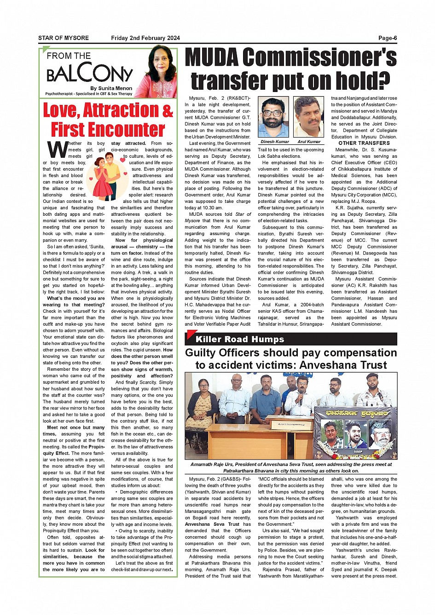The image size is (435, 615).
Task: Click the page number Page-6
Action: pos(387,38)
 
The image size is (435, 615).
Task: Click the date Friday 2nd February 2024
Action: pos(145,38)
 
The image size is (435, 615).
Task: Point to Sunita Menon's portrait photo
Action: pos(161,72)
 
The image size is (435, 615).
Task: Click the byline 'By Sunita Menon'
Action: pos(111,88)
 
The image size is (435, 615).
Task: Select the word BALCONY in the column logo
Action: pos(89,73)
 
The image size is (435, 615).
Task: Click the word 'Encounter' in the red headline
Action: pos(108,130)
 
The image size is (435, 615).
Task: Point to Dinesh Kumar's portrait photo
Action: pos(273,117)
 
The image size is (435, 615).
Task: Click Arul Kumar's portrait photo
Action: pos(308,117)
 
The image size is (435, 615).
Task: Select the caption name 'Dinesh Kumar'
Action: pos(275,142)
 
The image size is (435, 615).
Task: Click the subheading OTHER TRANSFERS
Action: pos(364,143)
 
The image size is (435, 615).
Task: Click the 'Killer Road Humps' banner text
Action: pos(240,339)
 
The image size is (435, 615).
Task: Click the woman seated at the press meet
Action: pos(202,405)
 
